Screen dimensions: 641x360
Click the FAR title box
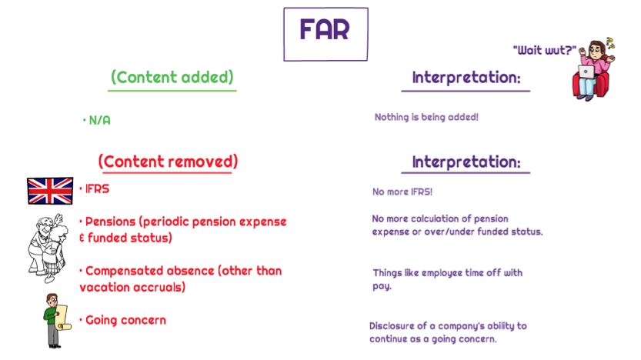pos(326,35)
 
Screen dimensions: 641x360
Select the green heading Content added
pos(172,77)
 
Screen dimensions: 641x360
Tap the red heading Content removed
pos(168,162)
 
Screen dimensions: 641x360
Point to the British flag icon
pos(50,191)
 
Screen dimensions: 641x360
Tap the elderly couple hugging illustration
pos(48,248)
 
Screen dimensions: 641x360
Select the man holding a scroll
pos(57,321)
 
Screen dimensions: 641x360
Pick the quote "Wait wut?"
pos(545,50)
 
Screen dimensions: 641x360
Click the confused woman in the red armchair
pos(593,68)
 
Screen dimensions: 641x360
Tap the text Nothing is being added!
pos(426,117)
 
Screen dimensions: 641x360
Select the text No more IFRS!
pos(402,192)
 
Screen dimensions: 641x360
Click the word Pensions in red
pos(110,222)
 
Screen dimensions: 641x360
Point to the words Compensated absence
pos(149,271)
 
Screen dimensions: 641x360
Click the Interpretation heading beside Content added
pos(466,77)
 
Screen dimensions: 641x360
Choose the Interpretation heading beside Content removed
pos(466,162)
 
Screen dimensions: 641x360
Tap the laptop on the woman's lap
pos(586,72)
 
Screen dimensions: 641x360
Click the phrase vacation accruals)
pos(132,287)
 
